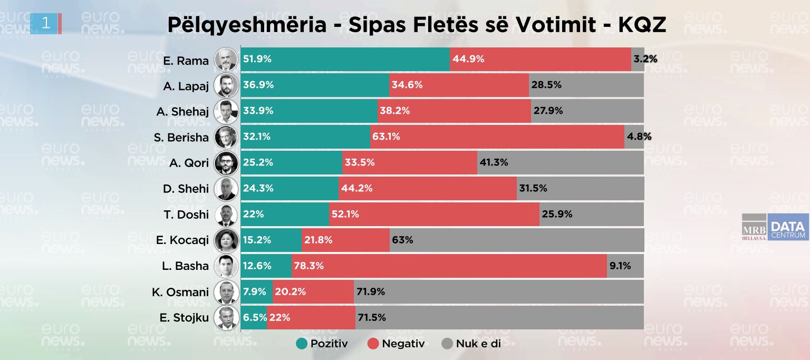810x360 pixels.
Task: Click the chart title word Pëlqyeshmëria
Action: click(247, 25)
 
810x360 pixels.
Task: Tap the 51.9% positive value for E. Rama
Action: click(257, 59)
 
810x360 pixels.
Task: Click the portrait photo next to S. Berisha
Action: click(226, 137)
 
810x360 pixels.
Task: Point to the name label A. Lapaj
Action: click(186, 86)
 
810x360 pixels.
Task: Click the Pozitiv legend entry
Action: click(322, 344)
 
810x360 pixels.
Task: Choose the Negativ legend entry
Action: click(396, 344)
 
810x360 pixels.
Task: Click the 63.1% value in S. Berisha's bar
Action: click(386, 137)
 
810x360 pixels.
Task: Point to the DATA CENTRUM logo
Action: click(788, 227)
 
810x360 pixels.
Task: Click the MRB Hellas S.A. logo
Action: click(754, 227)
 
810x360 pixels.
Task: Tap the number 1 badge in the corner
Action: click(46, 23)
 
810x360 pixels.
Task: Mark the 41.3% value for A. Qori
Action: click(494, 162)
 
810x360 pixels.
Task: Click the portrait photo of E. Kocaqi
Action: click(226, 240)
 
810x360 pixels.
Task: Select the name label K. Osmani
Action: click(180, 292)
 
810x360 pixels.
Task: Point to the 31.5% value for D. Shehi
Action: click(533, 188)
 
